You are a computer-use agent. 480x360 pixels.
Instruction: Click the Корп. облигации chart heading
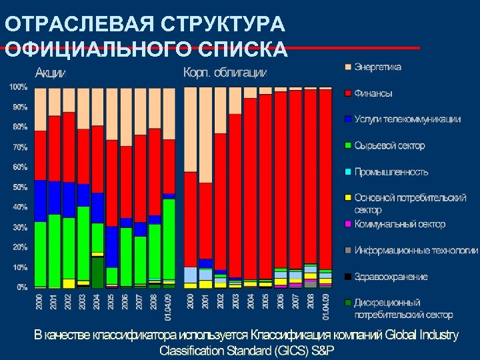(x=225, y=72)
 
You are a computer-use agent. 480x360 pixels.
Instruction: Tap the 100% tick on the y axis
(x=18, y=87)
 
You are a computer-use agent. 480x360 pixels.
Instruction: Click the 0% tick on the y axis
(x=21, y=287)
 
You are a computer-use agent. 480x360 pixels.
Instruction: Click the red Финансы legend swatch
(x=347, y=93)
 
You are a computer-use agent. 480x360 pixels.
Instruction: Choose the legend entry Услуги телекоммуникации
(x=407, y=119)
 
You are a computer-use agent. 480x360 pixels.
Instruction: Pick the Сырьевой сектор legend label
(x=389, y=145)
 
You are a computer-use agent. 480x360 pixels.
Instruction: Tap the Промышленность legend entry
(x=391, y=171)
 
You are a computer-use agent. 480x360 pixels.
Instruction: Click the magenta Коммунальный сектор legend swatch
(x=347, y=225)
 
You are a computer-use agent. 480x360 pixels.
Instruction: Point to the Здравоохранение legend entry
(x=391, y=277)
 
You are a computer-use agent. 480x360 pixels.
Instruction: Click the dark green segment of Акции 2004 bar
(x=98, y=273)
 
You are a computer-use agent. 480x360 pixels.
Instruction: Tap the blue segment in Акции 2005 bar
(x=112, y=247)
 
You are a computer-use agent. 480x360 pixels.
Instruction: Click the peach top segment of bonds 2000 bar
(x=191, y=129)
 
